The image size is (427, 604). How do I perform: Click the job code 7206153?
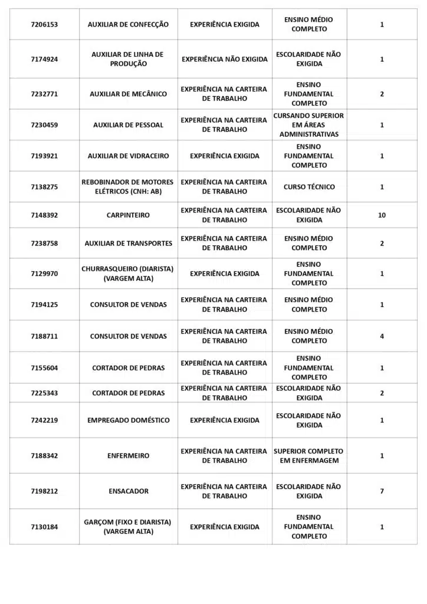click(44, 25)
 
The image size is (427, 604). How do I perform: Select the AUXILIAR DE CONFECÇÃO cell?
click(128, 25)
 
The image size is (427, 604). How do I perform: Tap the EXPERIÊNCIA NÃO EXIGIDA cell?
click(224, 59)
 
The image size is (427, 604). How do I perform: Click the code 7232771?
click(44, 94)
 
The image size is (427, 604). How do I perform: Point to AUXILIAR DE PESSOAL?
click(128, 125)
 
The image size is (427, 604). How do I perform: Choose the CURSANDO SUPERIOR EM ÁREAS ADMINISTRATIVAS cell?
click(308, 125)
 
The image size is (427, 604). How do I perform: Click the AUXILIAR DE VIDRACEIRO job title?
click(128, 156)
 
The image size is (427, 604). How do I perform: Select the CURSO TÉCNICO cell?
click(308, 187)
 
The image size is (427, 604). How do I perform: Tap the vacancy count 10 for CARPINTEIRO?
click(382, 215)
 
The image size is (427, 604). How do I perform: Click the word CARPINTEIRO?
click(128, 215)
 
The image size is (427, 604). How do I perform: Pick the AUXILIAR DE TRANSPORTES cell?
click(128, 244)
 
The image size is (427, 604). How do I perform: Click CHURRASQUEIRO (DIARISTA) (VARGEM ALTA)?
click(128, 274)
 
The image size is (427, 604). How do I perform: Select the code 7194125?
click(44, 305)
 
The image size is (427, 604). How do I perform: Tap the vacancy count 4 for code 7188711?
click(382, 336)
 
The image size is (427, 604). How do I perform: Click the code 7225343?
click(44, 393)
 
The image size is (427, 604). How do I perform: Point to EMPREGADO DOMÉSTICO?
click(128, 421)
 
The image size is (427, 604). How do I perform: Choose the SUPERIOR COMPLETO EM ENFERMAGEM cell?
click(308, 456)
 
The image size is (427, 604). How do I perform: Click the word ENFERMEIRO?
click(128, 456)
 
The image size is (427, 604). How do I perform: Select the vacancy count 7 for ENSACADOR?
click(382, 491)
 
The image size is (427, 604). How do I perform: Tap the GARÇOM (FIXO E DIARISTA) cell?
click(128, 527)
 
